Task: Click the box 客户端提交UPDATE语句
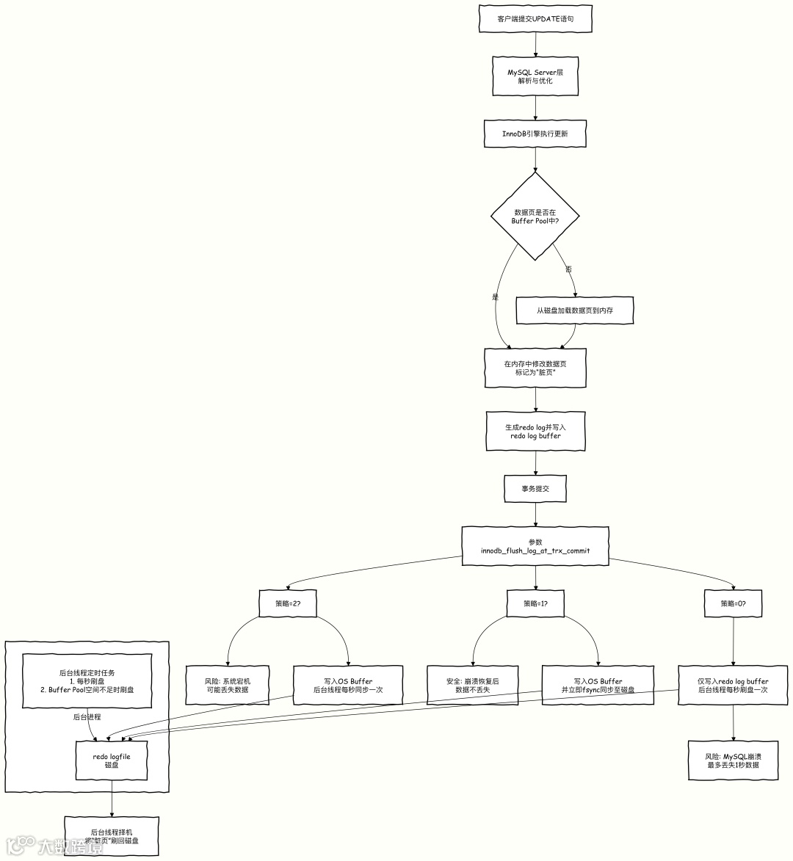click(535, 19)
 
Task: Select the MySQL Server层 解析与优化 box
click(535, 76)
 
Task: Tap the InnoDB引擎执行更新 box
click(535, 134)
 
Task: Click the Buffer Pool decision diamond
click(535, 217)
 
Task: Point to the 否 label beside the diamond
click(568, 269)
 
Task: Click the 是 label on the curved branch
click(496, 297)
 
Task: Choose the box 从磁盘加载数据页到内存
click(574, 310)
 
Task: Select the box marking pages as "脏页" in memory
click(535, 368)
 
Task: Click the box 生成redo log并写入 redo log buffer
click(535, 431)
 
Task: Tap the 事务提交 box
click(535, 488)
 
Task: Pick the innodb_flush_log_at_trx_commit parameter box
click(535, 546)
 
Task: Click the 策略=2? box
click(288, 603)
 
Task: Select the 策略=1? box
click(535, 603)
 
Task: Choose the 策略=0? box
click(734, 603)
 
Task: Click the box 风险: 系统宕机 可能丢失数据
click(228, 686)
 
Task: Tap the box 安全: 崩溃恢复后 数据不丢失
click(473, 686)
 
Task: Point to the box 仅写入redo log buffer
click(733, 686)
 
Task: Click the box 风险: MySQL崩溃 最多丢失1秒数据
click(733, 760)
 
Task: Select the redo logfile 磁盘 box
click(112, 760)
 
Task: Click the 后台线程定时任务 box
click(87, 681)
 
